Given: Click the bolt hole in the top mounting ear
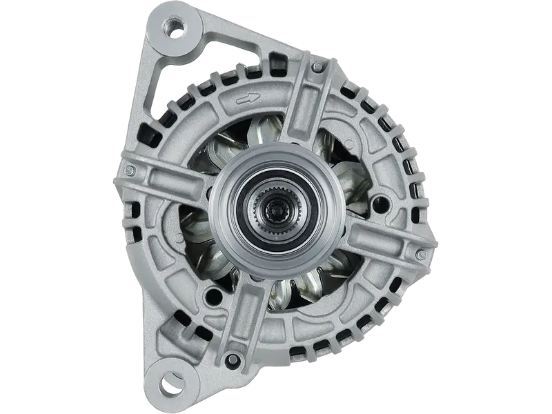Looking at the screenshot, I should (x=173, y=28).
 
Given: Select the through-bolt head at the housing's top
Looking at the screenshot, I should (x=317, y=67).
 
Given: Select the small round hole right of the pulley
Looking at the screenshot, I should (x=378, y=204).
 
